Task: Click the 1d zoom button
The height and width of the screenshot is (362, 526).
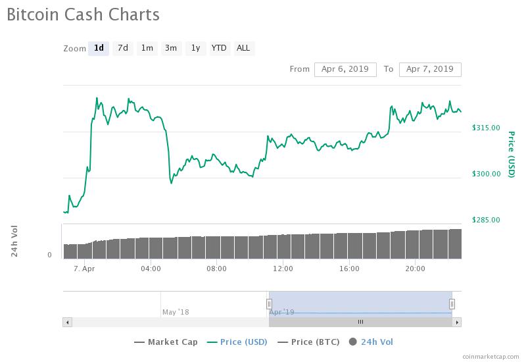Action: (99, 48)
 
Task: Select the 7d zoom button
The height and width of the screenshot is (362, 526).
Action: (122, 48)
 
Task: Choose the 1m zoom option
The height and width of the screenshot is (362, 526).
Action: (147, 48)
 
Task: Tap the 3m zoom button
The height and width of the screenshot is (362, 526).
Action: (171, 48)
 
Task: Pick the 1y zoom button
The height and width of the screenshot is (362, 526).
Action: (195, 48)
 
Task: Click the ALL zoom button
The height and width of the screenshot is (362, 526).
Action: (243, 48)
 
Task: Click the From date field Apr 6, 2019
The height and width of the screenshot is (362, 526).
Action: (345, 69)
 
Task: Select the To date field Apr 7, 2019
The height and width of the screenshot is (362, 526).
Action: (430, 69)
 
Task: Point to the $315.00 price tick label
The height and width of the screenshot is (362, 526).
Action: (487, 128)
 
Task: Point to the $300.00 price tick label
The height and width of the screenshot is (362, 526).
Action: (487, 174)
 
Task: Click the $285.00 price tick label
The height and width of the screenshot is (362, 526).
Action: (487, 220)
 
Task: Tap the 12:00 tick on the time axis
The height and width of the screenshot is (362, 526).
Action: (283, 269)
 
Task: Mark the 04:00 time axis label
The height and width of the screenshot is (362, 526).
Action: (151, 269)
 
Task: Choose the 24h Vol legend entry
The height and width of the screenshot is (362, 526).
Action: (371, 342)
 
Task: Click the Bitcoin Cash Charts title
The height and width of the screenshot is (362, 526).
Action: (84, 14)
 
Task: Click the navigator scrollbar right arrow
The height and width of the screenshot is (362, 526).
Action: (458, 322)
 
